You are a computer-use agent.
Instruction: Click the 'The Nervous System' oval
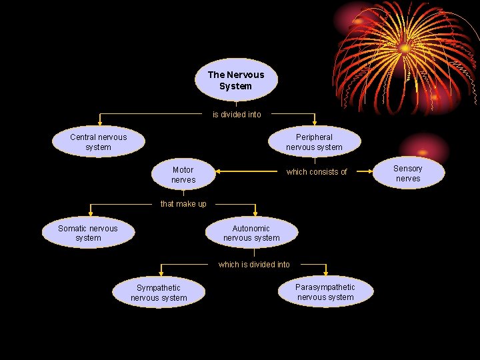coord(236,80)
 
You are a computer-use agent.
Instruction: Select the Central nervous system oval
coord(99,142)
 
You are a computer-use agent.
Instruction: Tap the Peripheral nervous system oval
coord(314,142)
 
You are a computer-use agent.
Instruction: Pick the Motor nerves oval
coord(183,175)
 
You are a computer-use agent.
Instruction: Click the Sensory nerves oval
coord(408,173)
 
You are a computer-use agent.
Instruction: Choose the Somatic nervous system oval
coord(88,233)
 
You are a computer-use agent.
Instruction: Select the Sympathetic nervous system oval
coord(159,293)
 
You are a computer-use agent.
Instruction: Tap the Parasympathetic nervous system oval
coord(325,292)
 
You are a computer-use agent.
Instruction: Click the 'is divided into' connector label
coord(237,115)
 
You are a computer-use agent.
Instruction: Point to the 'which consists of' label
coord(317,172)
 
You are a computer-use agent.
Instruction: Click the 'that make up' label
coord(183,204)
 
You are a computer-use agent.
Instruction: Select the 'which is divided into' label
coord(254,265)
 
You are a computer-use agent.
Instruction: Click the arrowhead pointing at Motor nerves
coord(218,171)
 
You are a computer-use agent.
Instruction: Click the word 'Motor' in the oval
coord(183,170)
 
